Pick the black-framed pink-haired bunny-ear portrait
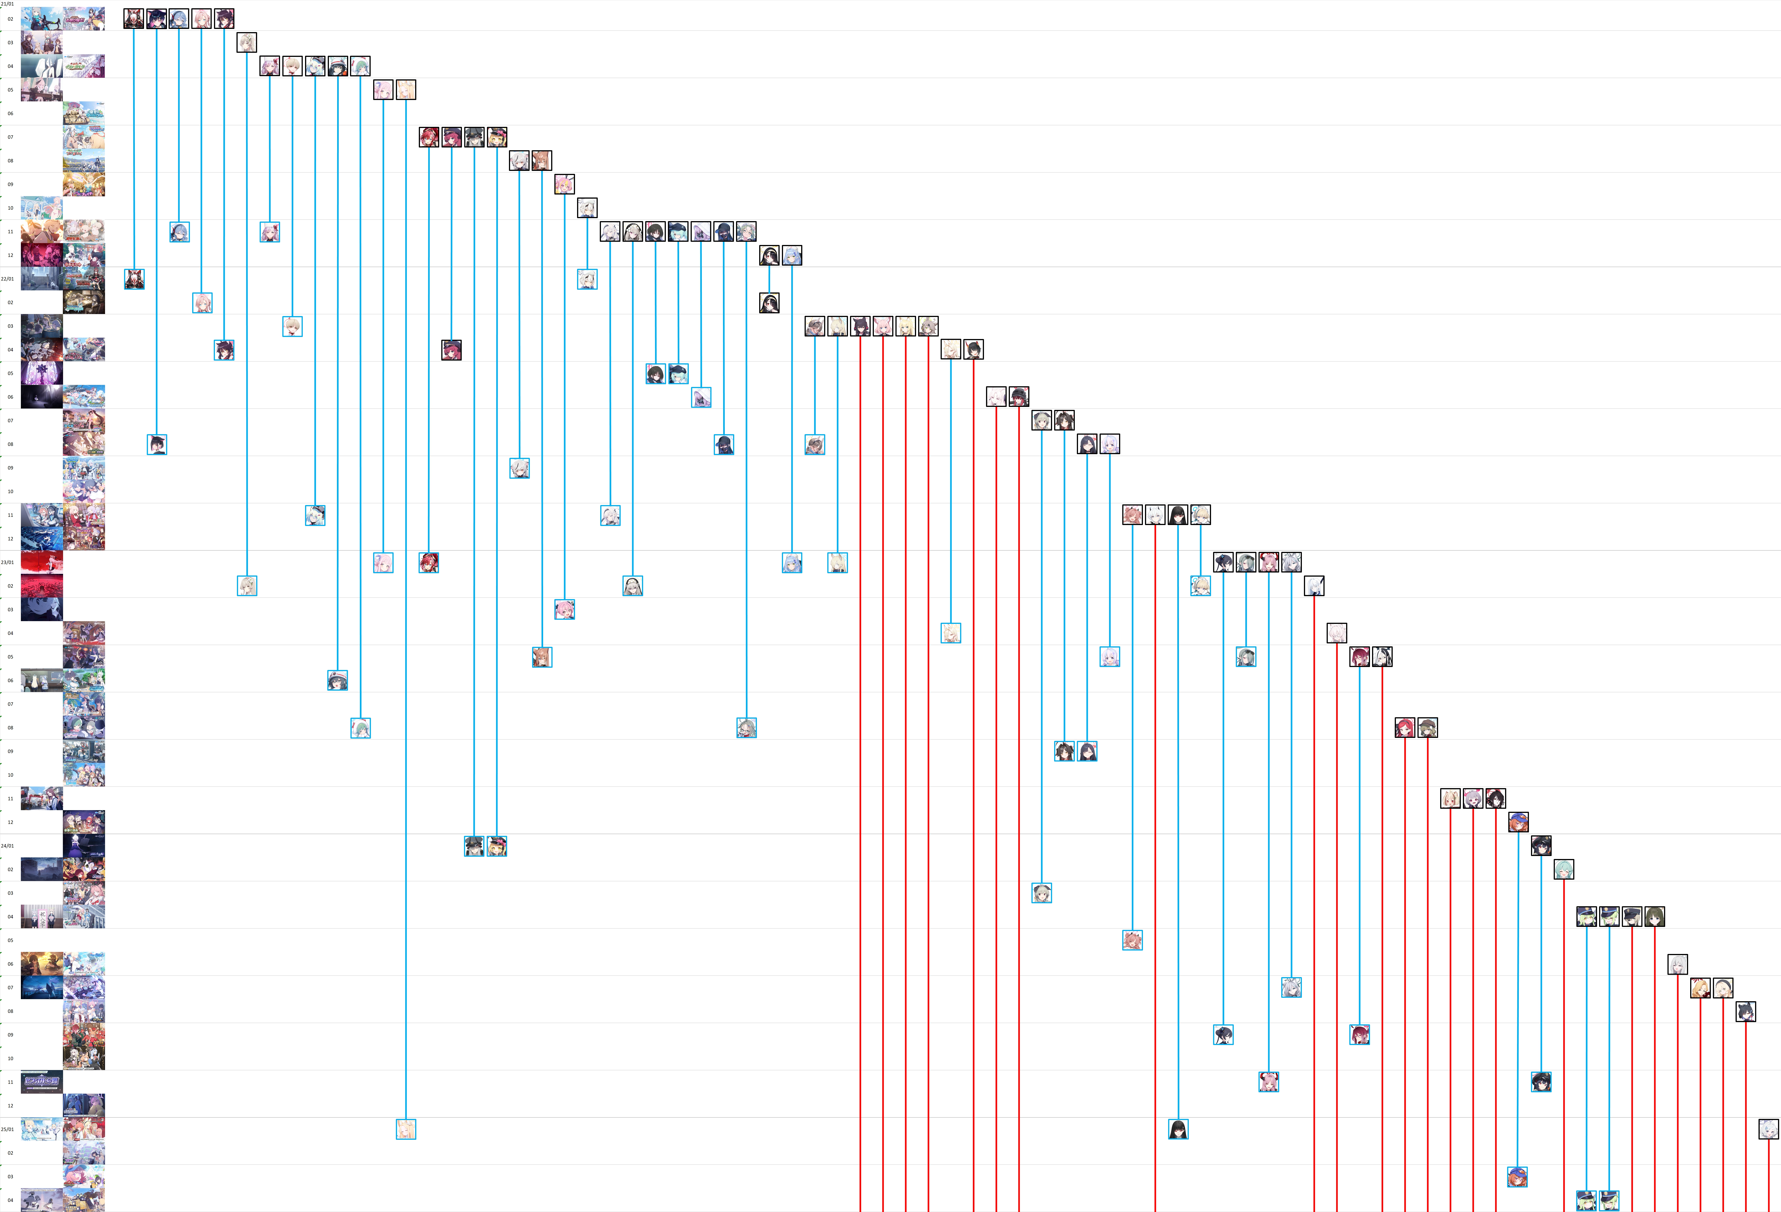(565, 184)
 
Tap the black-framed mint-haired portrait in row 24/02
(1563, 869)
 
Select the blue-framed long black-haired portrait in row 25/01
(1178, 1129)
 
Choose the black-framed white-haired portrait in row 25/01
(1768, 1129)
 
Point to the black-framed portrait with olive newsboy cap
(1428, 728)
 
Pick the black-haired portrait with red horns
(1495, 799)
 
